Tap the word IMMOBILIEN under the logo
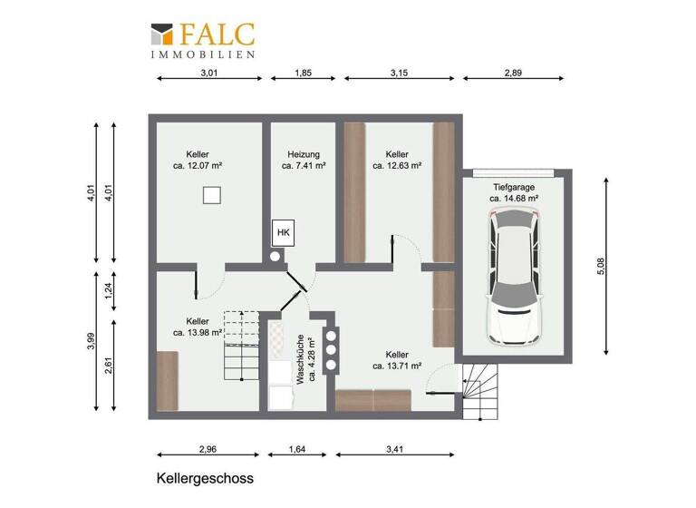202,54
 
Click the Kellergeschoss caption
204,477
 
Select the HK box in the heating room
283,233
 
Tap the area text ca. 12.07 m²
198,166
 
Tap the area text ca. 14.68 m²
514,198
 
